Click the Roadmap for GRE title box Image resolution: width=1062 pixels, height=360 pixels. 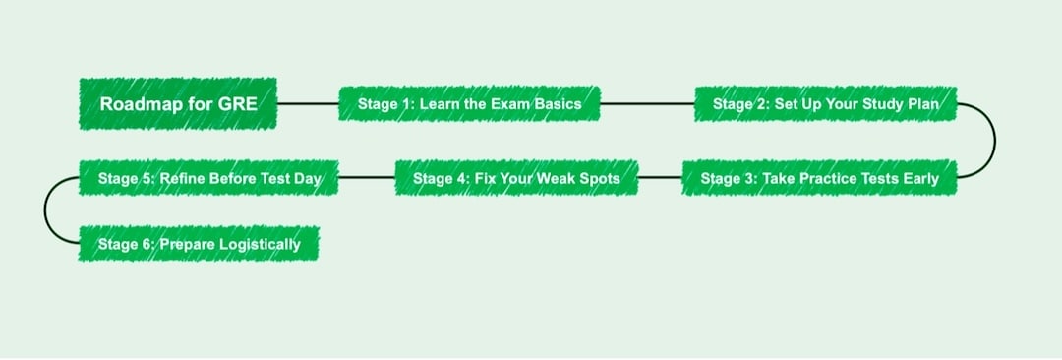tap(178, 103)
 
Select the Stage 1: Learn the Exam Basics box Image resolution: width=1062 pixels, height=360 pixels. tap(469, 103)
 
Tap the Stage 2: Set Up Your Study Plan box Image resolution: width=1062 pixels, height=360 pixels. tap(825, 103)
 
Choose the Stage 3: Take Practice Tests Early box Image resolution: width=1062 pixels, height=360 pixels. tap(819, 178)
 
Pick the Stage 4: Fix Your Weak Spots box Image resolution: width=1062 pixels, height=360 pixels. tap(516, 178)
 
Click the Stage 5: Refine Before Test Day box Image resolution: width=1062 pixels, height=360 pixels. tap(208, 178)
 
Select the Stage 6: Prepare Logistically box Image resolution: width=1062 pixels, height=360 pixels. tap(199, 243)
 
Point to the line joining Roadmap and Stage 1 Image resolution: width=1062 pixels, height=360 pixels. tap(308, 103)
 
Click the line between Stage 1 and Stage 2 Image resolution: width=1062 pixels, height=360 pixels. tap(646, 103)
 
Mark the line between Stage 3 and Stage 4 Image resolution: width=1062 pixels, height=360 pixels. tap(659, 178)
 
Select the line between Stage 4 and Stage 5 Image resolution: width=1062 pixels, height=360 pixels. tap(366, 178)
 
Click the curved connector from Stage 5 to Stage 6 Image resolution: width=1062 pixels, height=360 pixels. tap(45, 210)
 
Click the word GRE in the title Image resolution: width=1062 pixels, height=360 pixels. tap(238, 103)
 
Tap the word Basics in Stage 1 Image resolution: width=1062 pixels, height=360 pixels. tap(558, 103)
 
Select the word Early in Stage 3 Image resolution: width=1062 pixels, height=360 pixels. tap(918, 178)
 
